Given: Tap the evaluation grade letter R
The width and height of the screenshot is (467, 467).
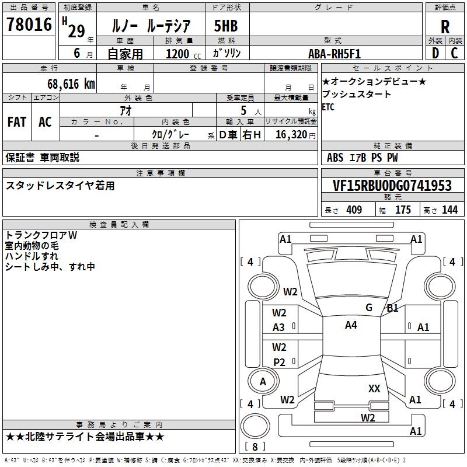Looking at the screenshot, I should (445, 27).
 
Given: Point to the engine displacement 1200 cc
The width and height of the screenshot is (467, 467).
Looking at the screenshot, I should (178, 54).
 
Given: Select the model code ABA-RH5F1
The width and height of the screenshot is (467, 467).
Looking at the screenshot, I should (334, 54).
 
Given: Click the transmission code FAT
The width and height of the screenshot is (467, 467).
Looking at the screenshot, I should (17, 122).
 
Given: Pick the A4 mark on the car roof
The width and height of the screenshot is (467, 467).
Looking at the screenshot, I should (351, 325).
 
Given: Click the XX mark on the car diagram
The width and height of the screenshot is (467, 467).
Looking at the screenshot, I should (374, 388).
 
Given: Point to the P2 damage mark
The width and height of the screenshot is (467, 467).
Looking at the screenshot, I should (280, 363).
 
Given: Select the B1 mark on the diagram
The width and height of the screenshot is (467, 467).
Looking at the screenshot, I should (392, 308).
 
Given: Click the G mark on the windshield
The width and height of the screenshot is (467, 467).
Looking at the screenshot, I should (368, 308).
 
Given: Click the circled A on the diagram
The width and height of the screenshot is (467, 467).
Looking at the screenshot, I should (263, 382).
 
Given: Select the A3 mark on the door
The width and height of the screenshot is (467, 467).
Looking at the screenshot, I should (279, 327).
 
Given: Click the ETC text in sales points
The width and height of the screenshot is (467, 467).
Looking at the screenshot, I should (328, 107).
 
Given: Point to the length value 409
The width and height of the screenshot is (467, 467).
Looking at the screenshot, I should (354, 210).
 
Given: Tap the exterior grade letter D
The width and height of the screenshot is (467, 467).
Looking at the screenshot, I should (435, 54).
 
